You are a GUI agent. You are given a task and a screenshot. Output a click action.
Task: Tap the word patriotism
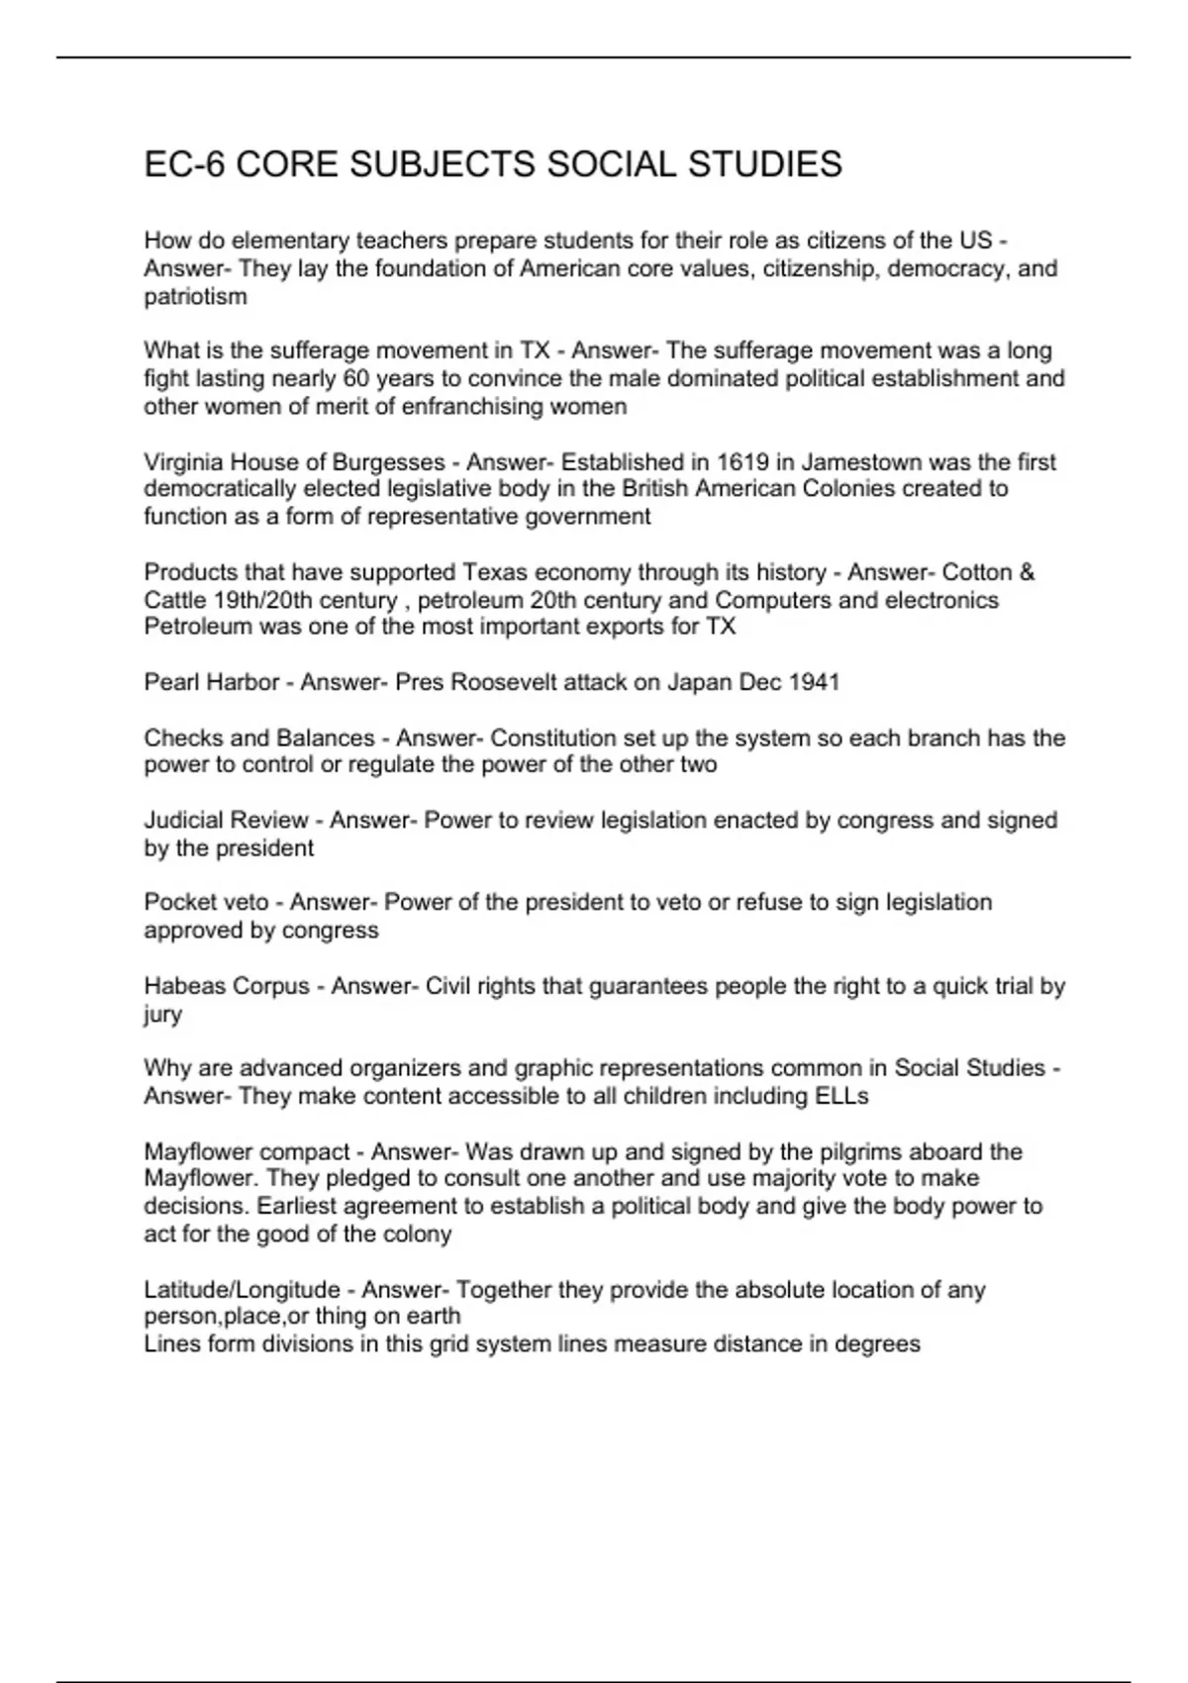(195, 296)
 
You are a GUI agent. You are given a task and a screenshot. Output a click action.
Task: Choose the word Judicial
(184, 820)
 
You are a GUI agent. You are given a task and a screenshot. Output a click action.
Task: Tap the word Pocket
(178, 902)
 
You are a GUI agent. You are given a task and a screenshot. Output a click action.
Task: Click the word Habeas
(183, 986)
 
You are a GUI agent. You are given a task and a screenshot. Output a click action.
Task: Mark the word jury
(162, 1014)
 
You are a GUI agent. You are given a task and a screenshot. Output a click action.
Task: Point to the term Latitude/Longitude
(242, 1290)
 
